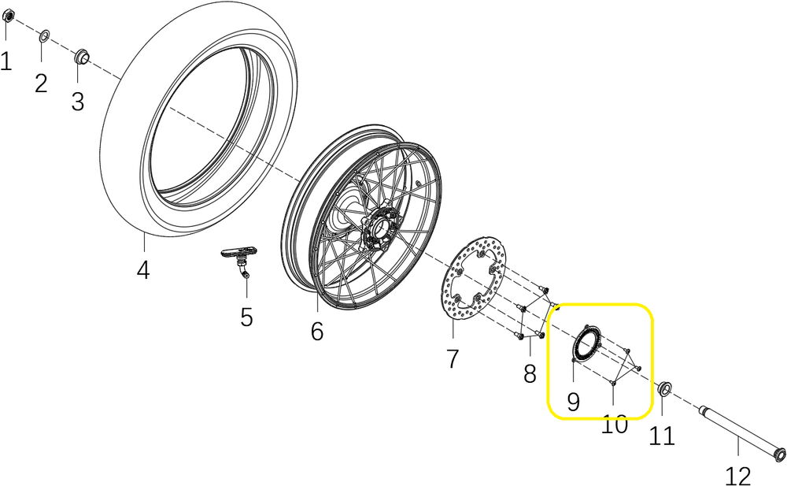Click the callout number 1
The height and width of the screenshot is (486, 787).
pyautogui.click(x=6, y=61)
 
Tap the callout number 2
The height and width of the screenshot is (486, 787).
pyautogui.click(x=41, y=83)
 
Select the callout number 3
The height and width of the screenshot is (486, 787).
pyautogui.click(x=77, y=102)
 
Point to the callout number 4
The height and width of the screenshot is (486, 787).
pyautogui.click(x=142, y=270)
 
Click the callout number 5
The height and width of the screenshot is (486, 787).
pyautogui.click(x=246, y=317)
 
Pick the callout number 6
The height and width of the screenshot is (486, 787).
pyautogui.click(x=316, y=332)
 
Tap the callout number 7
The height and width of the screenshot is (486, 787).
pyautogui.click(x=453, y=359)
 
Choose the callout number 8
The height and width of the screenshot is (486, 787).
pyautogui.click(x=530, y=373)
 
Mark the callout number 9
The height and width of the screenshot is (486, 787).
pyautogui.click(x=573, y=403)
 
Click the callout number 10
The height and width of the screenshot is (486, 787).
pyautogui.click(x=615, y=425)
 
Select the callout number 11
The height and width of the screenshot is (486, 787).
pyautogui.click(x=662, y=435)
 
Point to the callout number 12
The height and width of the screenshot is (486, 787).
pyautogui.click(x=737, y=475)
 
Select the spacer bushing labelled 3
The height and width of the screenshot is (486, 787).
pyautogui.click(x=80, y=56)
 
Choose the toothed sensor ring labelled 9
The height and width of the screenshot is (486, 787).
pyautogui.click(x=586, y=343)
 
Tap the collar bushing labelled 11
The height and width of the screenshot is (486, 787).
pyautogui.click(x=664, y=387)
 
